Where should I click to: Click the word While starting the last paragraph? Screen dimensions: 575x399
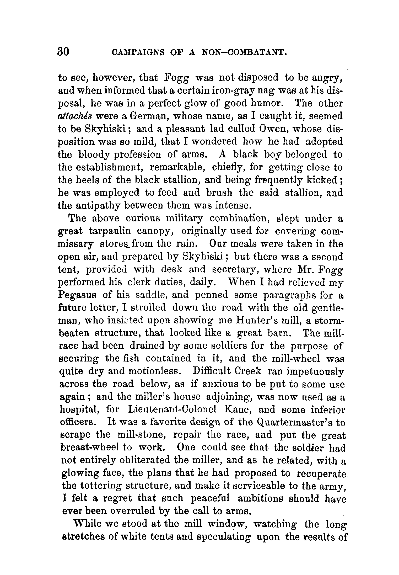[88, 524]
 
